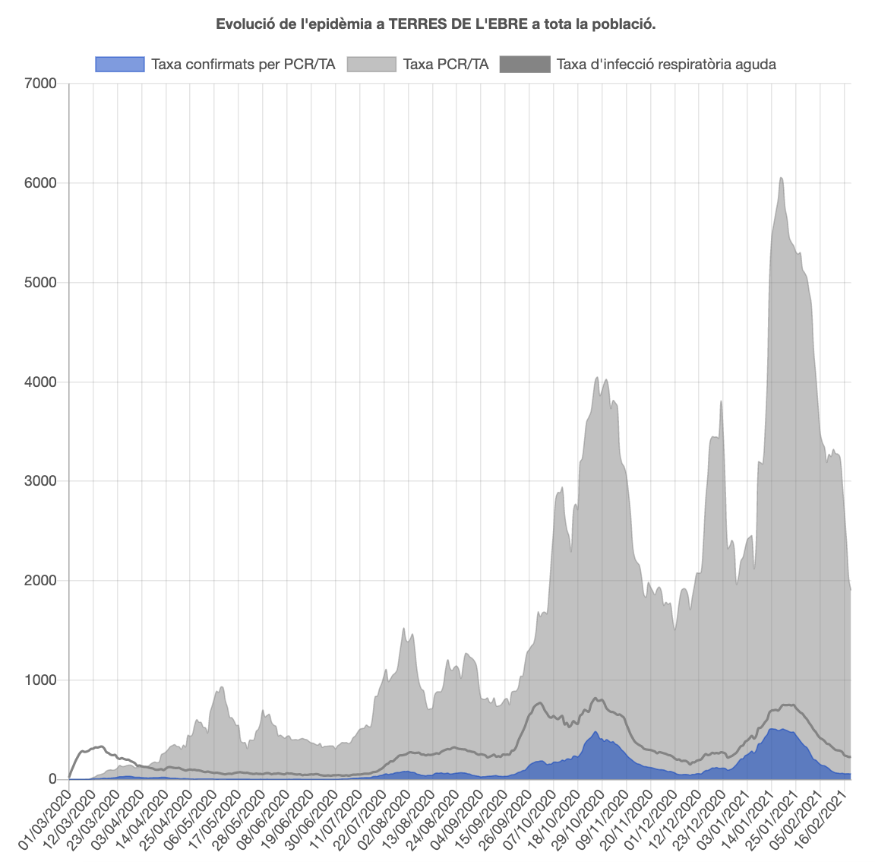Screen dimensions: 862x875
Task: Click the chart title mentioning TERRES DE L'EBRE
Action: [x=436, y=24]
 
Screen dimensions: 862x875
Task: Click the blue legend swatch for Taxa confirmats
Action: [x=120, y=64]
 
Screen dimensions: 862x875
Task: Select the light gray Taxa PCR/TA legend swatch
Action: [x=372, y=64]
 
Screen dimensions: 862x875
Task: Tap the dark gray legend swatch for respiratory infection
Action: [x=525, y=64]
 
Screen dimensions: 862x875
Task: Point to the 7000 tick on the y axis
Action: [x=42, y=84]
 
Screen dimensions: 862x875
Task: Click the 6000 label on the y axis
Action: [x=42, y=183]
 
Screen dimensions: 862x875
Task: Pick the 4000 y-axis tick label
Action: [x=42, y=382]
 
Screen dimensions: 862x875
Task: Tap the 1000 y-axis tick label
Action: [x=42, y=680]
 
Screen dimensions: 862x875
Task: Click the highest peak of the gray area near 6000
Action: [x=782, y=179]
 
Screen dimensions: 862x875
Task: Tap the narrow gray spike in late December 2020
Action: [x=721, y=402]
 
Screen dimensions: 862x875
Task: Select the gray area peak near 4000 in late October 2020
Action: [x=597, y=378]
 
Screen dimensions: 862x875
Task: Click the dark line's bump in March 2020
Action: [x=100, y=746]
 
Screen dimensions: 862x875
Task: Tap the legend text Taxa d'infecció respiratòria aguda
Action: [x=666, y=64]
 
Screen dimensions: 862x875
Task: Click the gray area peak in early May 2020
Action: [x=221, y=688]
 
